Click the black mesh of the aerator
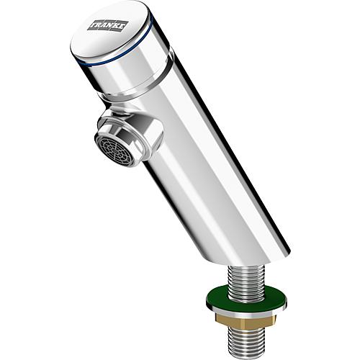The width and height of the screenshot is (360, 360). pyautogui.click(x=115, y=150)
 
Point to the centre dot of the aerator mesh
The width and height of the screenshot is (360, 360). pyautogui.click(x=115, y=150)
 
